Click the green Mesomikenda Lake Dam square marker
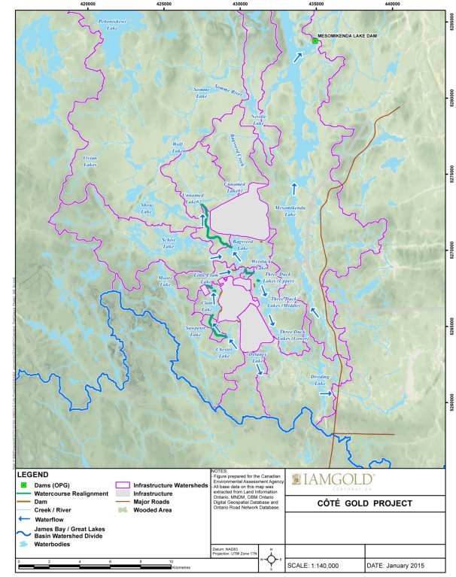[315, 41]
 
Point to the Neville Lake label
[260, 120]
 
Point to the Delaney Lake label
[258, 358]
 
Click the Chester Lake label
[223, 353]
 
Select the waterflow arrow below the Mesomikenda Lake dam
[300, 58]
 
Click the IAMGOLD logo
[336, 478]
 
